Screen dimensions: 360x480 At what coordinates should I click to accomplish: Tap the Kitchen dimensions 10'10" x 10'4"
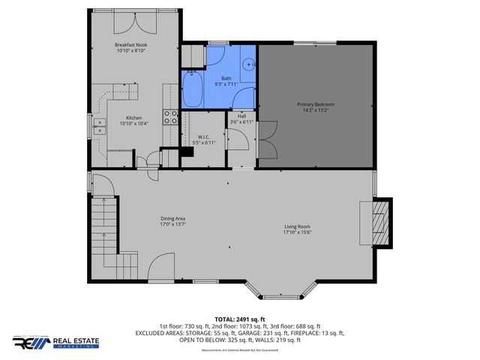click(x=134, y=123)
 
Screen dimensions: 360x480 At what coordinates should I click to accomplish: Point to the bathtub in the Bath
click(x=192, y=91)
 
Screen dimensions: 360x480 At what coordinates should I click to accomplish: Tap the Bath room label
click(x=226, y=77)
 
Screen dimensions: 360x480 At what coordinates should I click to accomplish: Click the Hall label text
click(x=241, y=116)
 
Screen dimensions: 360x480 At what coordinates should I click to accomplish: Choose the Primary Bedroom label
click(x=316, y=103)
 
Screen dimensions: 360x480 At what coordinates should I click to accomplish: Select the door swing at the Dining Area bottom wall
click(x=161, y=265)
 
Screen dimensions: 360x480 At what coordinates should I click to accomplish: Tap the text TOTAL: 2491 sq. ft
click(x=240, y=319)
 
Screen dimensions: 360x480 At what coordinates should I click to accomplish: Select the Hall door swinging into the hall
click(x=238, y=138)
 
